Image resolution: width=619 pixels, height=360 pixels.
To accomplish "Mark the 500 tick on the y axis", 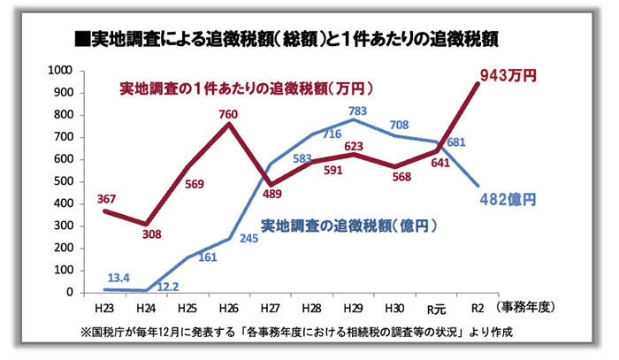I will point(65,181).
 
